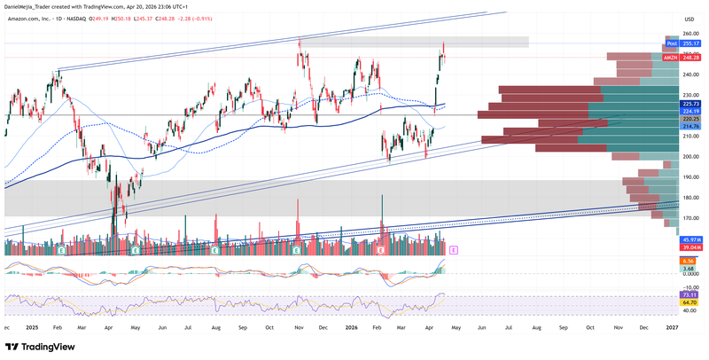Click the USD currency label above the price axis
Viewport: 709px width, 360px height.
coord(689,19)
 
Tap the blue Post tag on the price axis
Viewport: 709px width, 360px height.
coord(671,43)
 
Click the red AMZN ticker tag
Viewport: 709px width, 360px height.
coord(671,58)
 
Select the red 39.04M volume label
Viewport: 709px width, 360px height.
coord(691,248)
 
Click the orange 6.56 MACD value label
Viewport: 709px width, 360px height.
coord(688,261)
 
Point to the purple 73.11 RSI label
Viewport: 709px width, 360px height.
coord(688,293)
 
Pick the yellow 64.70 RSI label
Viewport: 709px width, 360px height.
coord(688,302)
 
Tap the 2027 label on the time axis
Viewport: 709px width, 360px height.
coord(672,327)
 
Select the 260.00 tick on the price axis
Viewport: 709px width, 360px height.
coord(689,34)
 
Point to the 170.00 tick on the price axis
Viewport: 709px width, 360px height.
coord(689,218)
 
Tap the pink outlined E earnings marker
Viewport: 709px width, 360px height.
coord(454,251)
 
